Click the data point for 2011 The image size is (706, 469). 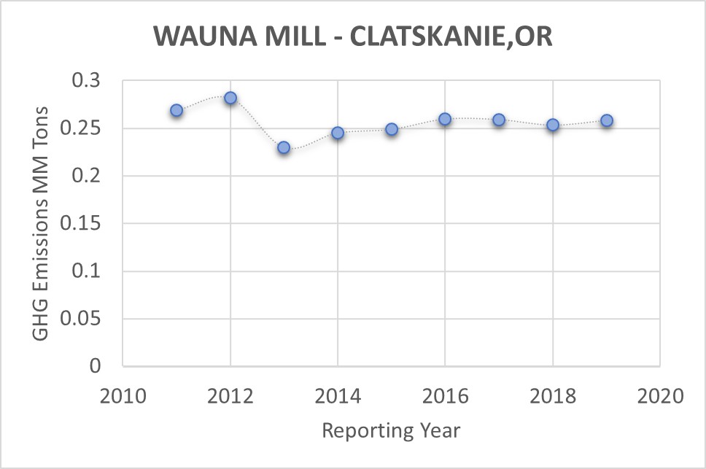176,110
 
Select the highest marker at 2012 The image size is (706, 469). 230,98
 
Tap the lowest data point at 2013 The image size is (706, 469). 284,147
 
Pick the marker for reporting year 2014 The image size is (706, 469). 338,133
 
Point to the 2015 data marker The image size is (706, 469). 392,129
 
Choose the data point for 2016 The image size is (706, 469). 445,119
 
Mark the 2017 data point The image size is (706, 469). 499,120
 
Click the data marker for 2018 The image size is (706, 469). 553,125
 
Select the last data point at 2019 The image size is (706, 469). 606,120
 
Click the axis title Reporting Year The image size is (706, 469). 391,430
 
